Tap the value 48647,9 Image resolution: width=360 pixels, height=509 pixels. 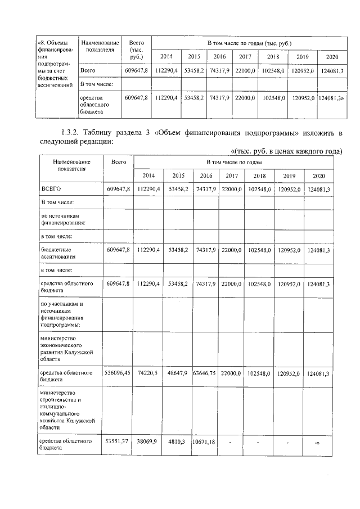click(177, 373)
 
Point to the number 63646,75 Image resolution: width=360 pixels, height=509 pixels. click(204, 373)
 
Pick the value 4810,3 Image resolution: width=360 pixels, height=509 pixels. click(177, 442)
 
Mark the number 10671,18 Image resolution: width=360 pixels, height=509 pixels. click(204, 442)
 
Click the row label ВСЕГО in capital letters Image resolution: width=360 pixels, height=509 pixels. click(51, 190)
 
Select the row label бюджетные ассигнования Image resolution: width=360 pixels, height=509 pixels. click(59, 252)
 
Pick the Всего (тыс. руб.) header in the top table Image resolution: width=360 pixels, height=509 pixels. click(137, 49)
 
